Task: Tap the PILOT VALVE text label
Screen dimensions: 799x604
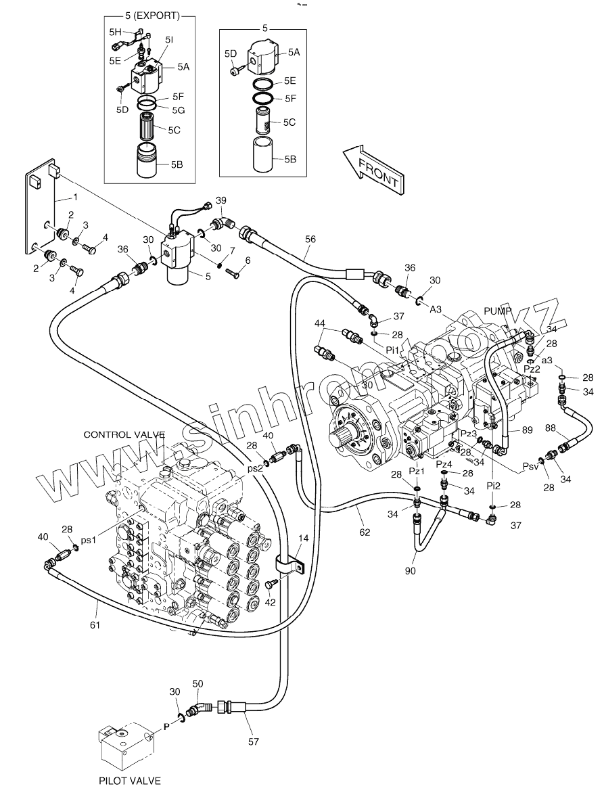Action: coord(129,781)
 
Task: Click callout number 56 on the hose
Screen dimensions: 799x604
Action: coord(310,239)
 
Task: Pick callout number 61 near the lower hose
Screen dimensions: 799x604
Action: coord(95,624)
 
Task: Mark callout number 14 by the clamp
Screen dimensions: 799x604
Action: coord(303,539)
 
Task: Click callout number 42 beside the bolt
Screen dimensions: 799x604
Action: coord(269,601)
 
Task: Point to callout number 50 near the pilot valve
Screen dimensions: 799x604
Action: coord(198,685)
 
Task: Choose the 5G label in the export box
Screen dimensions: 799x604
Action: coord(178,110)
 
